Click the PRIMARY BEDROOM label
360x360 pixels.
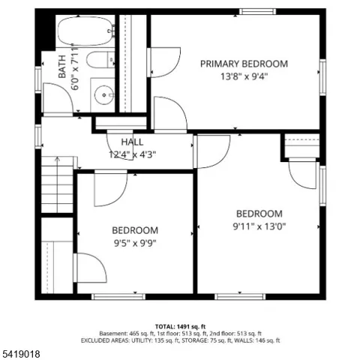[244, 64]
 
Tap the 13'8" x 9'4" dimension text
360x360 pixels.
[244, 76]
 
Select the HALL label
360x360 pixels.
[132, 142]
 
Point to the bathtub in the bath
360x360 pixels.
[85, 31]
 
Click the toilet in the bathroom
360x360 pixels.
[100, 59]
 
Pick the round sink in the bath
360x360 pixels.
[103, 95]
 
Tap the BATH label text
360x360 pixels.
[62, 67]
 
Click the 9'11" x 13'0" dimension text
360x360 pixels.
[259, 226]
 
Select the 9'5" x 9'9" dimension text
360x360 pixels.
[135, 243]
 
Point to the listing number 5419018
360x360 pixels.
[21, 354]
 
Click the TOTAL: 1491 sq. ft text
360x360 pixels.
[180, 326]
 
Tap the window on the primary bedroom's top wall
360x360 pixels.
[257, 11]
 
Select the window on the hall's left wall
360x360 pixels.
[38, 136]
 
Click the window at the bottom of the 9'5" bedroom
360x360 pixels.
[118, 297]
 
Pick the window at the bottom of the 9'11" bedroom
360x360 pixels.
[240, 297]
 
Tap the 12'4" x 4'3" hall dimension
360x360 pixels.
[132, 154]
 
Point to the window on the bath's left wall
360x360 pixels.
[38, 79]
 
